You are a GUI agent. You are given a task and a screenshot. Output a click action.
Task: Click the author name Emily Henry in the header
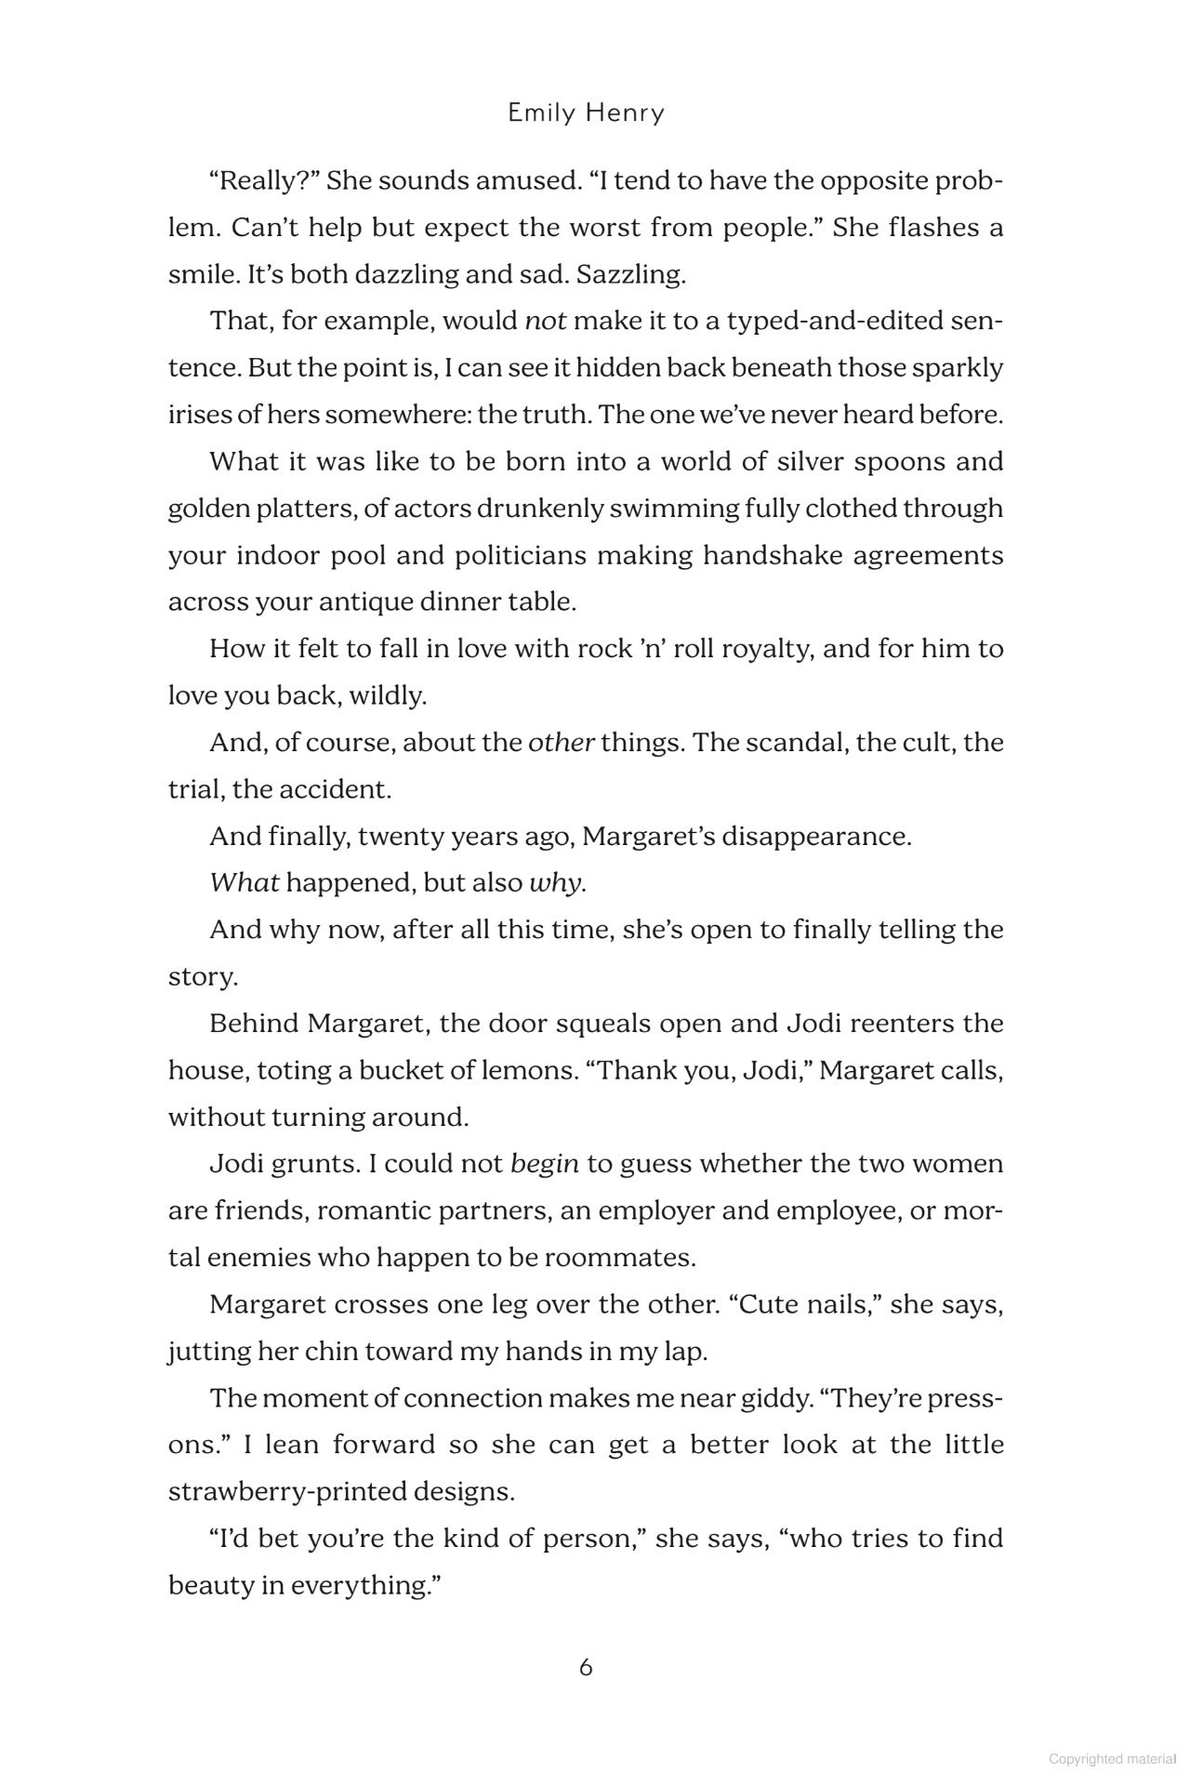[x=587, y=113]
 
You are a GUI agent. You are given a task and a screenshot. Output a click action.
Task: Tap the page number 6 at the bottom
[x=586, y=1667]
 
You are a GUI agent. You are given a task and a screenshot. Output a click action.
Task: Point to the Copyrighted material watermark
[x=1110, y=1759]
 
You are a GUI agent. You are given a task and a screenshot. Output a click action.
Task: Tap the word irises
[x=199, y=415]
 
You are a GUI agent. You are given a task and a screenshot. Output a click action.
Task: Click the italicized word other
[x=561, y=743]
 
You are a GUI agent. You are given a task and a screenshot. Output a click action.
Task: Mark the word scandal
[x=792, y=743]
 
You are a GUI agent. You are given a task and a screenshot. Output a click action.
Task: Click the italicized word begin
[x=545, y=1164]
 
